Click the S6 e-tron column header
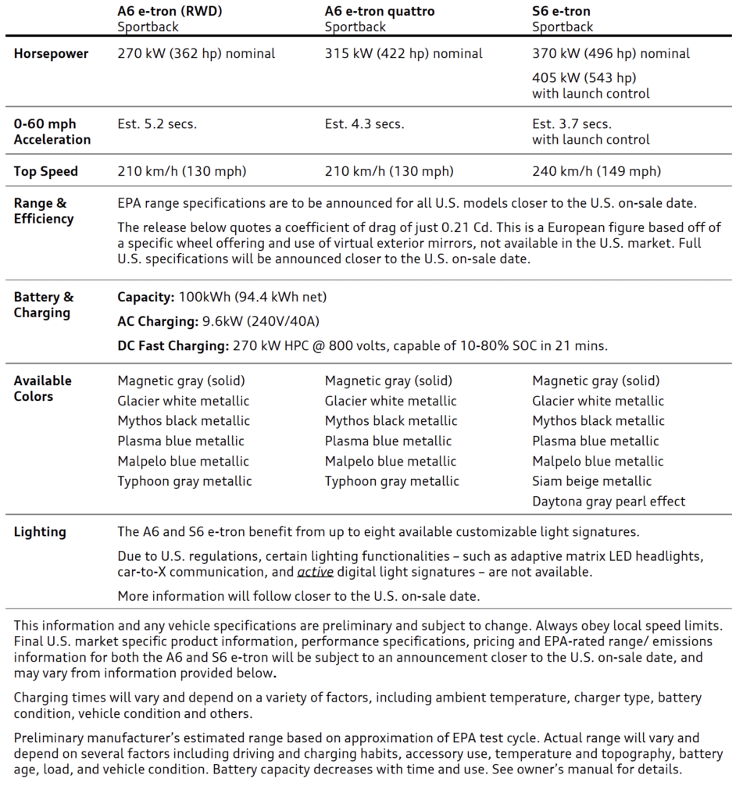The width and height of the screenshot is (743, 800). coord(561,12)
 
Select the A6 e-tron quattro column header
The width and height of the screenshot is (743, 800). coord(380,12)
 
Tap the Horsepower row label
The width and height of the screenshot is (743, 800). coord(51,54)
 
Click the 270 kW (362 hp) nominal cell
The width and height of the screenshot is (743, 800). coord(196,54)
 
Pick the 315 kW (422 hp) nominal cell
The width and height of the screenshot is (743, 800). coord(404,54)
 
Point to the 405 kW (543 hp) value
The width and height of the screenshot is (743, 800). coord(584,77)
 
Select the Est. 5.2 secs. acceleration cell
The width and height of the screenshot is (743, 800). coord(157,124)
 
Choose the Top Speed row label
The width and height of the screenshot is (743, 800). coord(46,171)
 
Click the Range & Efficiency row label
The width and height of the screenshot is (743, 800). coord(43,211)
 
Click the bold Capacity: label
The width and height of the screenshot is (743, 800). coord(145,297)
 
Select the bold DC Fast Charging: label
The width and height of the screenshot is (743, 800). coord(173,345)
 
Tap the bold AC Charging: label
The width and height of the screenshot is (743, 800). coord(157,321)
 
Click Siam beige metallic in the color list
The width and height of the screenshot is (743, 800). coord(591,481)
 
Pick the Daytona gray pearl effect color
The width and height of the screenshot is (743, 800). coord(609,502)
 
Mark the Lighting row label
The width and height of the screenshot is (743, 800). coord(40,532)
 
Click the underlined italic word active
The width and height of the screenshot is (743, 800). coord(315,573)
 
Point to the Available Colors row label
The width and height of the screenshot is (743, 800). coord(42,388)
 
